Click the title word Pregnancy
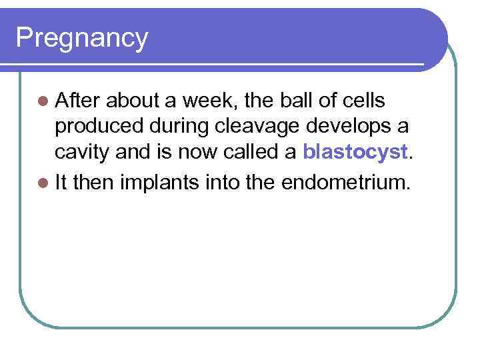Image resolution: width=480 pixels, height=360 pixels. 81,38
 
